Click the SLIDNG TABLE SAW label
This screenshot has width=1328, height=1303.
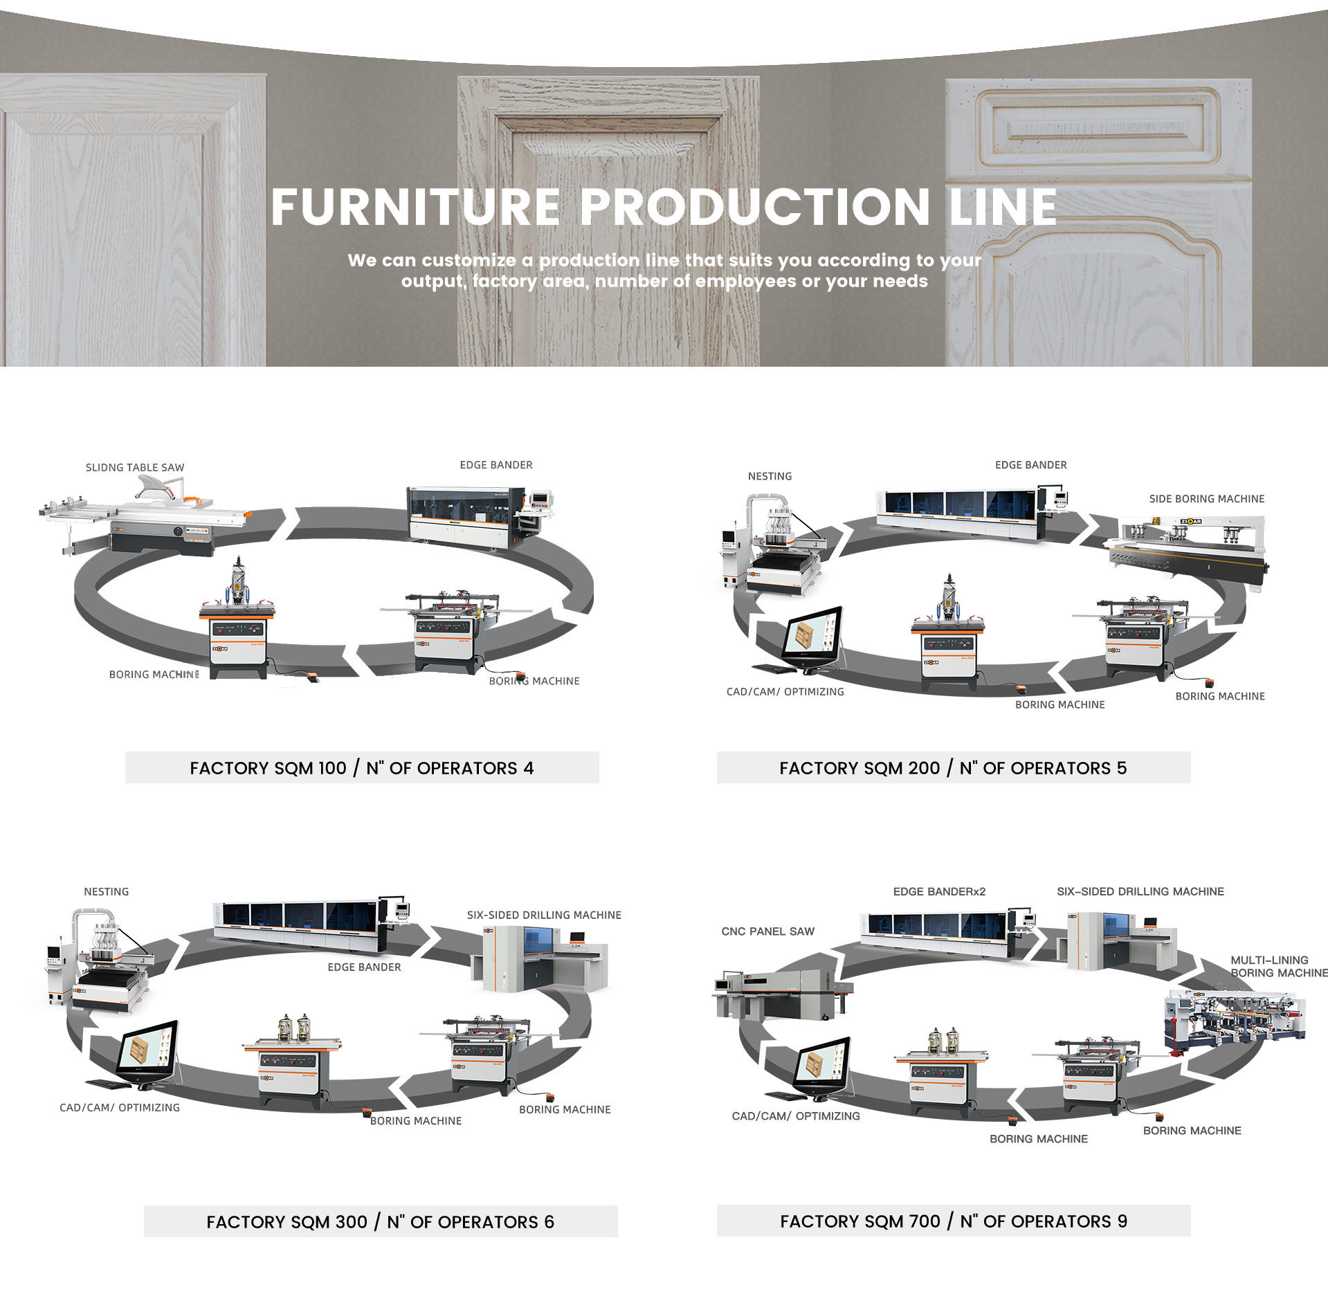(135, 468)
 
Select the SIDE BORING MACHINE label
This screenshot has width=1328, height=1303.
(1206, 499)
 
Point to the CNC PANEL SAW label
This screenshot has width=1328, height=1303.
(767, 931)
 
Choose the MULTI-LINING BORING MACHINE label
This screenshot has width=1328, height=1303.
(1277, 966)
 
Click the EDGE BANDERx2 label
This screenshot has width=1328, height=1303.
(939, 891)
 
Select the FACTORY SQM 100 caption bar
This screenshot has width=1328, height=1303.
(362, 767)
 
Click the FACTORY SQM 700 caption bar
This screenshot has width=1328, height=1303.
(953, 1221)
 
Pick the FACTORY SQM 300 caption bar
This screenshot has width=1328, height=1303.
(380, 1221)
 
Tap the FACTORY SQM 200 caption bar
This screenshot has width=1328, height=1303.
(953, 767)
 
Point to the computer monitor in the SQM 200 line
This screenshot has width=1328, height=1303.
(812, 635)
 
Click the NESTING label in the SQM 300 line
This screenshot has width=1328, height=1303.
(107, 891)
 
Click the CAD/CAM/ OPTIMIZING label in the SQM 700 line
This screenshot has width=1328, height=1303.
(796, 1115)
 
